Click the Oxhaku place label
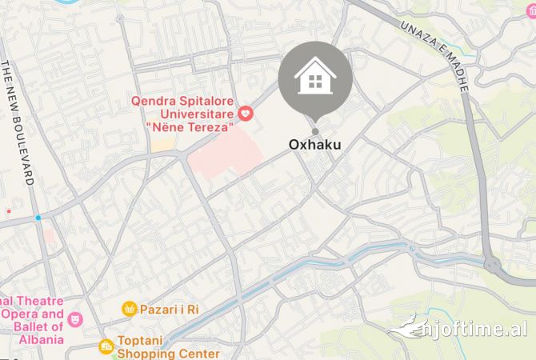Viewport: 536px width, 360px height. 314,145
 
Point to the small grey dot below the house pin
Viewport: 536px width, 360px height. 314,131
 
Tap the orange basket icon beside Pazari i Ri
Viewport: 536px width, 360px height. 129,309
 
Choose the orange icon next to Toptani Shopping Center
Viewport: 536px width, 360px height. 106,346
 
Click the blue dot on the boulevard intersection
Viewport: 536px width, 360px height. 38,218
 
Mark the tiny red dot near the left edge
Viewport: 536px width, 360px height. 9,211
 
